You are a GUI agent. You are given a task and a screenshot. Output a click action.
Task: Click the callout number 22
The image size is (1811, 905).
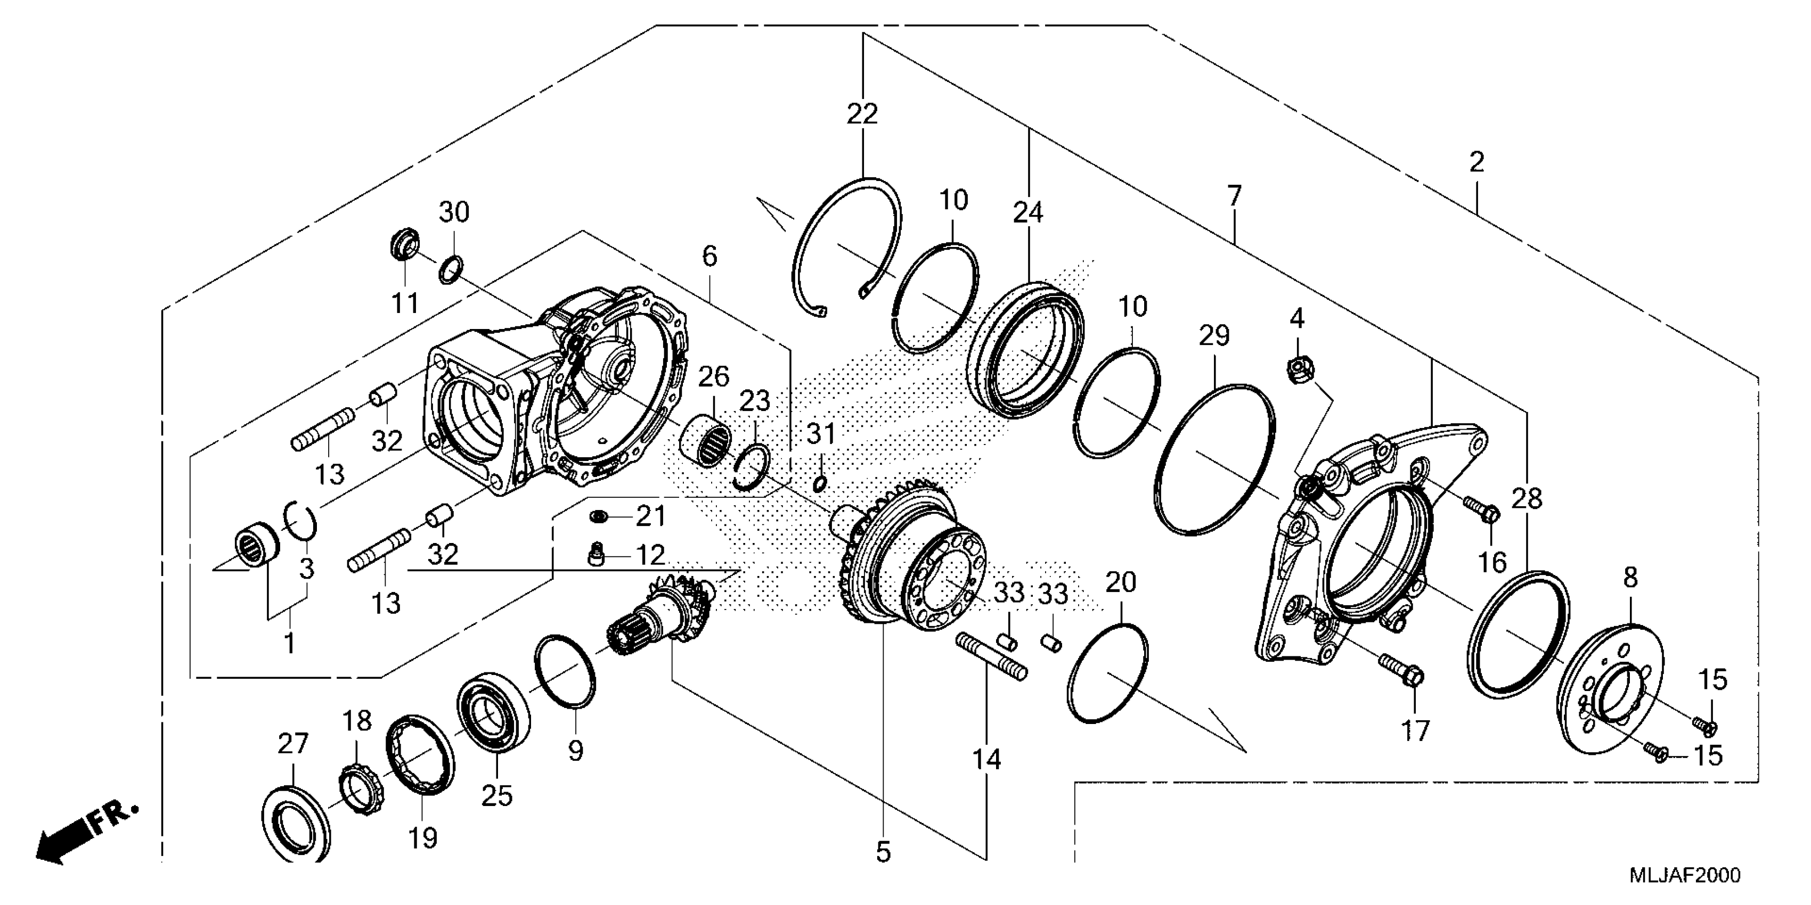(862, 114)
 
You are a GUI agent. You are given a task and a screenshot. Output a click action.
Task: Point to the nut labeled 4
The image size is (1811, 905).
(1297, 369)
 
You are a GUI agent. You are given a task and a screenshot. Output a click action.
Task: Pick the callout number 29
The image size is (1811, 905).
(1214, 336)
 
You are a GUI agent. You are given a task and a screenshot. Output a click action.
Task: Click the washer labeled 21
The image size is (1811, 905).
(600, 517)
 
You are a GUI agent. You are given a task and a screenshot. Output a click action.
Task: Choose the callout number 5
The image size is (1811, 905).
(884, 852)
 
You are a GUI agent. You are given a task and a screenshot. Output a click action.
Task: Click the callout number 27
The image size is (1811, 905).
(293, 743)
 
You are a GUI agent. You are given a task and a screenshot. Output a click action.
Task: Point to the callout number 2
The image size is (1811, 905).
(1476, 162)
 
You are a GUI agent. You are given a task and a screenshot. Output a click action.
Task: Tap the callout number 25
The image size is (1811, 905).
(497, 796)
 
